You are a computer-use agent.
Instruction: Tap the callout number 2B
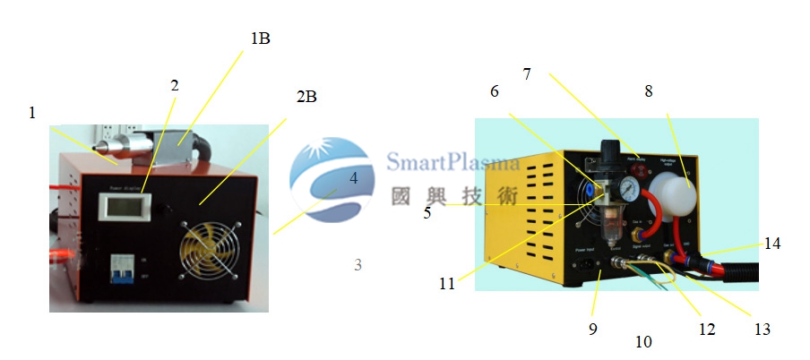[x=306, y=96]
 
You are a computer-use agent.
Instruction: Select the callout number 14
[x=772, y=244]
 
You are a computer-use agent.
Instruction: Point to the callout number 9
[x=592, y=329]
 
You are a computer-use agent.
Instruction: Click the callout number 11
[x=446, y=284]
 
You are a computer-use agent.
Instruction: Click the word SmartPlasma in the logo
[x=453, y=162]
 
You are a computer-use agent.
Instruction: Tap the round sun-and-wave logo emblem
[x=329, y=178]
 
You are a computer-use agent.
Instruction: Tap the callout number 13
[x=763, y=329]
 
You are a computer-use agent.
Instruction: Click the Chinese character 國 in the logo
[x=401, y=195]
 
